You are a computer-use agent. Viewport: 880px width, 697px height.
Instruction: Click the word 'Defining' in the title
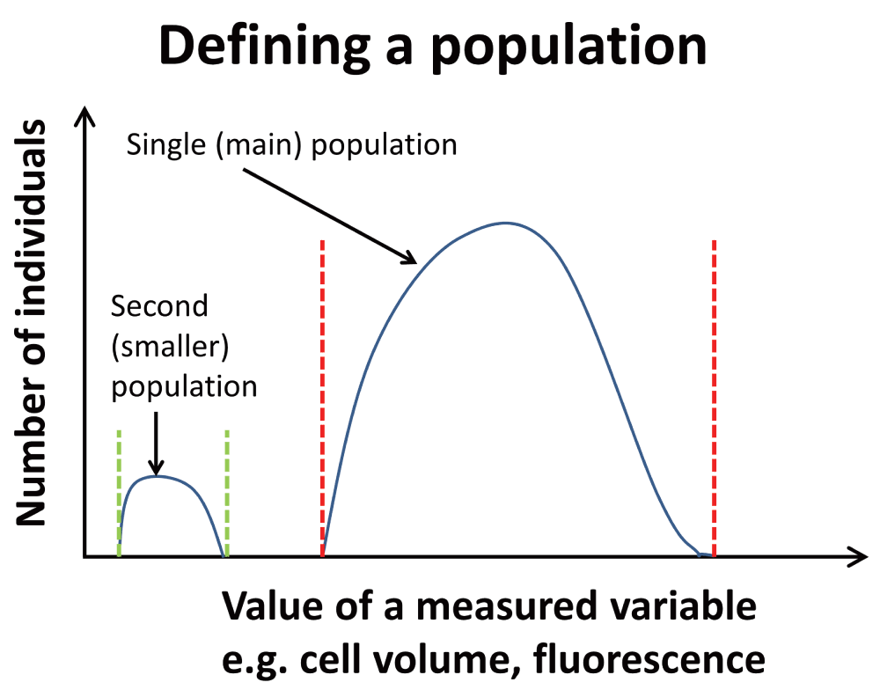pyautogui.click(x=264, y=48)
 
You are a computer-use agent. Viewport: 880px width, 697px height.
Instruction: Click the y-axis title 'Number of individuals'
pyautogui.click(x=31, y=322)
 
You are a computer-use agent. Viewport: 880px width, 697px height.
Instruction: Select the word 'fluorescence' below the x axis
pyautogui.click(x=649, y=658)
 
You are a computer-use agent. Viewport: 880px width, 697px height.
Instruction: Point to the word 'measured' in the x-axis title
pyautogui.click(x=506, y=606)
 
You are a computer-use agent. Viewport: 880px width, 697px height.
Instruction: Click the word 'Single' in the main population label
pyautogui.click(x=166, y=145)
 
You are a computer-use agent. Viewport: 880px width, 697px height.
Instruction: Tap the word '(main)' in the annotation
pyautogui.click(x=259, y=145)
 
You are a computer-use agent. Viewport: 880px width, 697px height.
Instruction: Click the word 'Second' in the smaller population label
pyautogui.click(x=159, y=306)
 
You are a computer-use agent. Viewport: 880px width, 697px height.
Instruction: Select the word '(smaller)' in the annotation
pyautogui.click(x=170, y=347)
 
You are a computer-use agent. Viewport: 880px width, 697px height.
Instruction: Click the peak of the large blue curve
pyautogui.click(x=506, y=224)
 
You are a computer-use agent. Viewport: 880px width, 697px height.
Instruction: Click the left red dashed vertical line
pyautogui.click(x=322, y=398)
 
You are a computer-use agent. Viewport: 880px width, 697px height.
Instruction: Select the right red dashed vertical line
pyautogui.click(x=714, y=398)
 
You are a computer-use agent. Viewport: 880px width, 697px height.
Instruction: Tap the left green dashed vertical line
pyautogui.click(x=119, y=494)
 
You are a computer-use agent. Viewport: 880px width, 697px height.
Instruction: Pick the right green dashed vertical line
pyautogui.click(x=227, y=494)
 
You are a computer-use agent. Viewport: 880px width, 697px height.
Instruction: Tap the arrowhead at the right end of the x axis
pyautogui.click(x=859, y=557)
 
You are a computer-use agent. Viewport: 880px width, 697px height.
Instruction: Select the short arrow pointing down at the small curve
pyautogui.click(x=156, y=444)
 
